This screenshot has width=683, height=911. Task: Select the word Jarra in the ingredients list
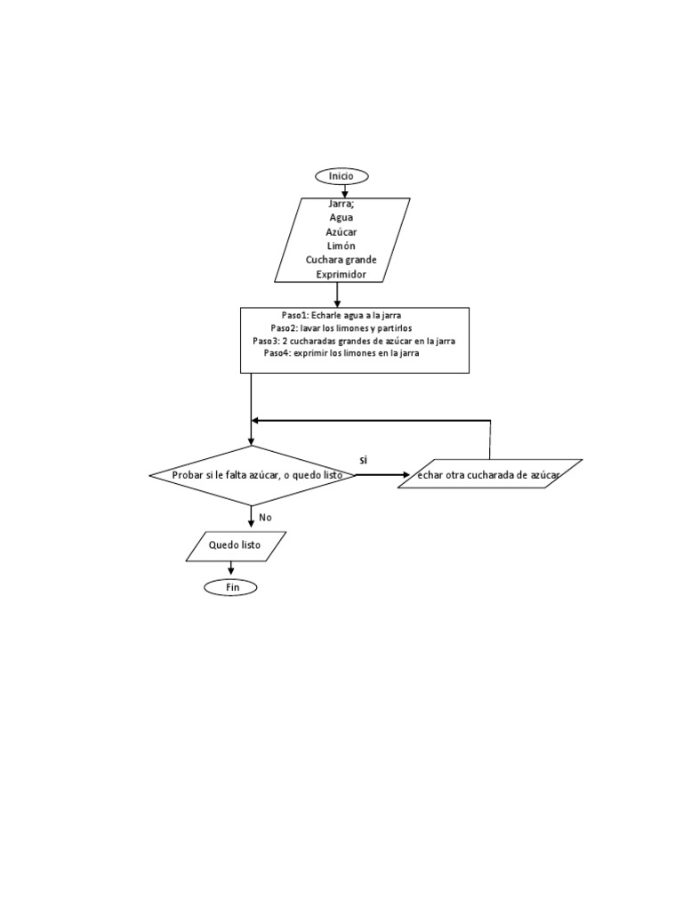[341, 204]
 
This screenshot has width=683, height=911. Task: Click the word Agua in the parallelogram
[341, 218]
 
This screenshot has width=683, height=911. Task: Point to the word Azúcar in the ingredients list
[341, 232]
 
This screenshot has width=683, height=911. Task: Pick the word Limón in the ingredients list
[341, 246]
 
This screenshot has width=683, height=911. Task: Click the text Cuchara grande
[341, 260]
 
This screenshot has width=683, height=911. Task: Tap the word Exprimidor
[341, 274]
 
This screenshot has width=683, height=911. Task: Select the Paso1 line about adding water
[341, 316]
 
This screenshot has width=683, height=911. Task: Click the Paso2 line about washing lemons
[341, 328]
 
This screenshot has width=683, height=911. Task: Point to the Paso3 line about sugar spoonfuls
[354, 341]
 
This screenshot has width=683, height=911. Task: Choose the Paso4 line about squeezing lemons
[341, 353]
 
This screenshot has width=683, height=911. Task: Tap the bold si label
[364, 460]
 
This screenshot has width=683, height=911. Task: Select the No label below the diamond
[265, 517]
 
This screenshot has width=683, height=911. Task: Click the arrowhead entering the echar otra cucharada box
[405, 475]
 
